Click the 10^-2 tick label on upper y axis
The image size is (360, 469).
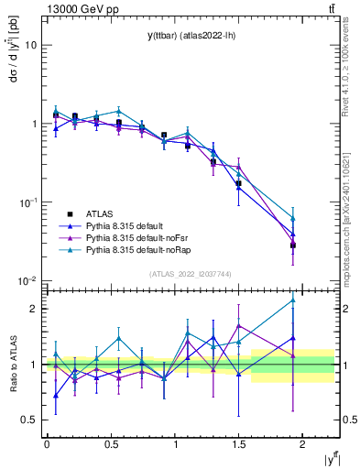click(x=27, y=280)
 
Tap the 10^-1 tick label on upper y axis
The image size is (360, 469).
click(x=27, y=202)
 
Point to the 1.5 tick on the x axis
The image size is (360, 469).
click(x=238, y=442)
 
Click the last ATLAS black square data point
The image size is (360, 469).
click(x=293, y=245)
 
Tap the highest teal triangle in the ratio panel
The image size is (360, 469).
click(x=293, y=300)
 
